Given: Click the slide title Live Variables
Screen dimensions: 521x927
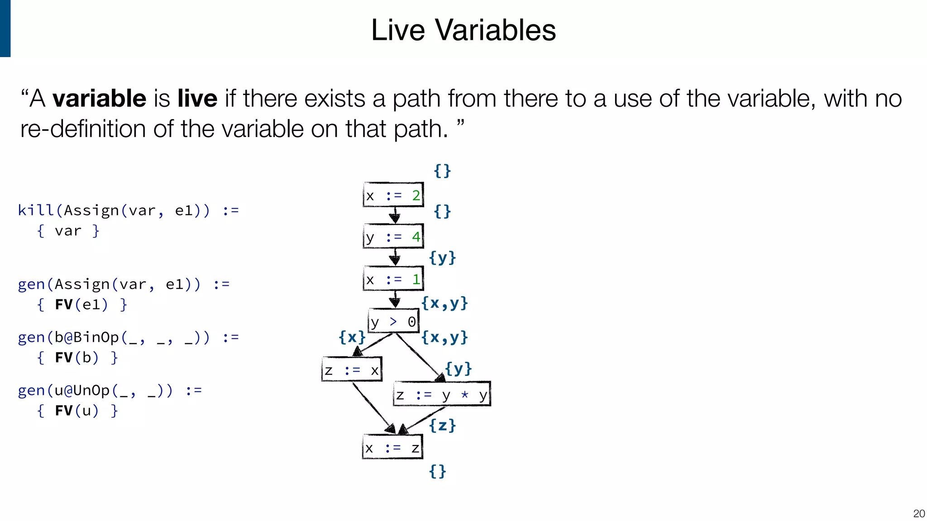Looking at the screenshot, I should tap(463, 30).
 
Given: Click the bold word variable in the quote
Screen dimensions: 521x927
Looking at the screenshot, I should tap(99, 99).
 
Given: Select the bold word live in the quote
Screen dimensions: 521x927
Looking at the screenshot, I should tap(197, 99).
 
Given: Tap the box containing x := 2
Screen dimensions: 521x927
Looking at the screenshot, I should tap(393, 195).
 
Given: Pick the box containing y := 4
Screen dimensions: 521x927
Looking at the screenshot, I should tap(393, 237).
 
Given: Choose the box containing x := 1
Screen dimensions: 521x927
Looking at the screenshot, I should tap(393, 279).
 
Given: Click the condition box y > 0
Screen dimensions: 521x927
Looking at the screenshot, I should tap(393, 322).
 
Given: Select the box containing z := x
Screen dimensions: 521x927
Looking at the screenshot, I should tap(352, 370).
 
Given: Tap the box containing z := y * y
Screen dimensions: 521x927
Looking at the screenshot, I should tap(442, 394).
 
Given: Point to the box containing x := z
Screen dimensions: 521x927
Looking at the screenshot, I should tap(392, 447).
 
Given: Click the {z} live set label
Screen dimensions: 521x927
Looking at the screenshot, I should tap(442, 425).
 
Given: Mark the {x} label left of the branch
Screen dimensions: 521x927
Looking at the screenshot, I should tap(352, 337).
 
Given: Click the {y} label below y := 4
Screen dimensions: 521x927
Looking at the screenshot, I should tap(442, 258).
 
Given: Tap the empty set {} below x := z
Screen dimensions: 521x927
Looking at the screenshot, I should tap(437, 471).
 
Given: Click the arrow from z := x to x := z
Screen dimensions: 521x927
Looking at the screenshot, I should tap(373, 407).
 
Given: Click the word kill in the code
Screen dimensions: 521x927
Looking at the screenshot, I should tap(36, 210).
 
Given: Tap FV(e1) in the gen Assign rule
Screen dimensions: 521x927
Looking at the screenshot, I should tap(81, 305).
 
